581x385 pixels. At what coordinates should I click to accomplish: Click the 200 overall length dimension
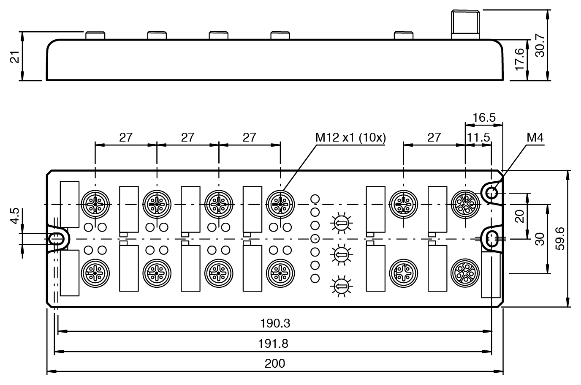click(x=275, y=363)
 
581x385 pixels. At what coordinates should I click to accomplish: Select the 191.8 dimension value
click(x=273, y=343)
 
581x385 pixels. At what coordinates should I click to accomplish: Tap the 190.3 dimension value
click(x=275, y=323)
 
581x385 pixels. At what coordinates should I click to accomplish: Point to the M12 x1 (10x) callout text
click(x=350, y=137)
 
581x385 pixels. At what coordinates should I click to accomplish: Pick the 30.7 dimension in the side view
click(x=540, y=45)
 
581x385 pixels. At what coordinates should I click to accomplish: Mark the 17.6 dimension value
click(x=520, y=59)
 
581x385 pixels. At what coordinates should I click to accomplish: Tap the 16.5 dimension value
click(x=484, y=117)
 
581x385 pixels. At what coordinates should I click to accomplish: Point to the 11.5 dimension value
click(x=478, y=137)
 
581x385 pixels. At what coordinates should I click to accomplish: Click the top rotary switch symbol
click(x=340, y=222)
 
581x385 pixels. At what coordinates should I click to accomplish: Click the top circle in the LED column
click(x=315, y=198)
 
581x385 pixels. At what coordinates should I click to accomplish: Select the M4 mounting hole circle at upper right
click(x=491, y=194)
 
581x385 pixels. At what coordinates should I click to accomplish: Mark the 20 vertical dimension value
click(x=520, y=216)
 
